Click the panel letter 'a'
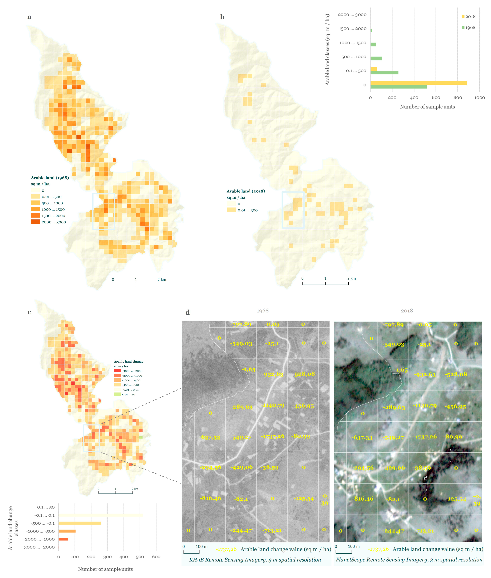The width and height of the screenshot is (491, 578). [x=29, y=17]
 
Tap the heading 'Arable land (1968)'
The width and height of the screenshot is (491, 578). [x=50, y=178]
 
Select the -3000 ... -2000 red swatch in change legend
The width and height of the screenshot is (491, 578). [x=117, y=371]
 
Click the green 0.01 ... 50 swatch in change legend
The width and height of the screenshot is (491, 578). [x=117, y=394]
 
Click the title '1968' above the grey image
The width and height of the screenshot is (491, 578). [x=262, y=311]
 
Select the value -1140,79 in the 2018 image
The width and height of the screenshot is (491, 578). [x=424, y=406]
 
